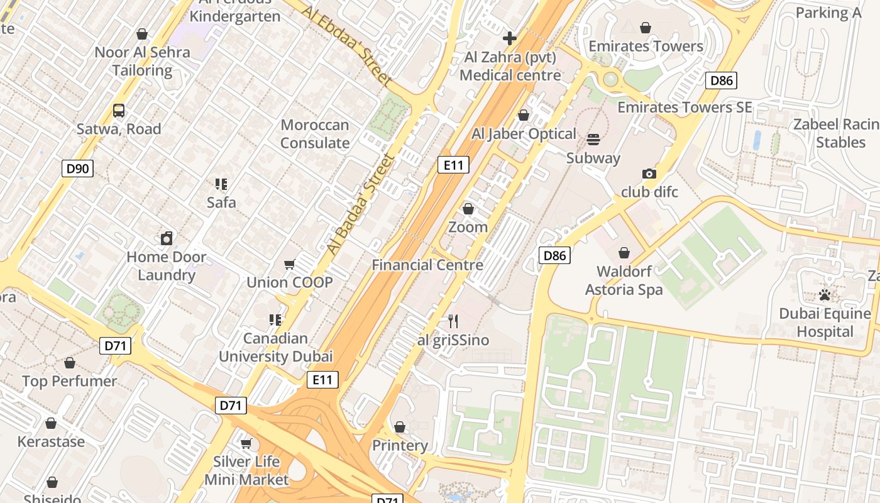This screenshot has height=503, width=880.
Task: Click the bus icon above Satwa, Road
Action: tap(119, 111)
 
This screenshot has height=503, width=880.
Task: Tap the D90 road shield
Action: tap(78, 168)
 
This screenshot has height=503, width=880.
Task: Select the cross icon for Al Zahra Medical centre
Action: tap(510, 38)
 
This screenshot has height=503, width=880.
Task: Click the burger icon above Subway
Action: tap(593, 140)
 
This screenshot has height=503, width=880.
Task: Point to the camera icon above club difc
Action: tap(649, 174)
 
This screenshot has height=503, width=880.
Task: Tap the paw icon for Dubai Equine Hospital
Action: tap(825, 295)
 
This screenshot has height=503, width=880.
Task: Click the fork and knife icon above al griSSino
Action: tap(453, 322)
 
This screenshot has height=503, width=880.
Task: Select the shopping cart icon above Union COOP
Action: tap(289, 264)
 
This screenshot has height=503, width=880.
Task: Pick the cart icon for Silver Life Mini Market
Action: tap(246, 443)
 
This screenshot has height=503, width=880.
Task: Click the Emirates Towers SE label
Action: tap(685, 107)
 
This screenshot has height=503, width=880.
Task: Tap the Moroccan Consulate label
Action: tap(315, 134)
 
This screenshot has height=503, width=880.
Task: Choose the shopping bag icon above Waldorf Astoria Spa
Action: tap(624, 253)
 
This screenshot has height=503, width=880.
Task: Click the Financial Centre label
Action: tap(427, 265)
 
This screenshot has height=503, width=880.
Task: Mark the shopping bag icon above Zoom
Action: tap(468, 209)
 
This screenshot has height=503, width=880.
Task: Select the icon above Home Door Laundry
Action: tap(167, 238)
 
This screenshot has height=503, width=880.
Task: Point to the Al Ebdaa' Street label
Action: tap(346, 47)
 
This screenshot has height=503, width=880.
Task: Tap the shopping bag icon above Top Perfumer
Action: tap(70, 363)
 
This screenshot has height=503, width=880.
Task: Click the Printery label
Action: tap(400, 445)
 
